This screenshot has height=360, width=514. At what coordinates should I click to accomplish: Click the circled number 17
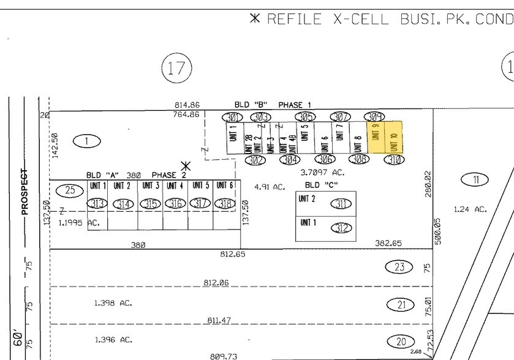(x=176, y=67)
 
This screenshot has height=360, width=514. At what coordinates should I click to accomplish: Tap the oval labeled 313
(x=97, y=203)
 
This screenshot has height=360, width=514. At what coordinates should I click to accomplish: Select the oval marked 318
(x=225, y=203)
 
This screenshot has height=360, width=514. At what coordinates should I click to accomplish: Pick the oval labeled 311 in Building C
(x=342, y=203)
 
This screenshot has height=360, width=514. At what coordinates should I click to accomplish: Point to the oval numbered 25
(x=70, y=190)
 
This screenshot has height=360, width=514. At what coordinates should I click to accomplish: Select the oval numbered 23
(x=400, y=266)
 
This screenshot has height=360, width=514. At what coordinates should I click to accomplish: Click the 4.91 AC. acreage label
(x=270, y=186)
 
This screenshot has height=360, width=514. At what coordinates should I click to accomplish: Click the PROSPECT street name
(x=25, y=192)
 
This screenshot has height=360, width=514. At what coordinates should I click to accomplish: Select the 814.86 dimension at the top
(x=187, y=105)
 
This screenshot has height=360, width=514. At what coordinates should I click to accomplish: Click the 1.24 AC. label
(x=470, y=209)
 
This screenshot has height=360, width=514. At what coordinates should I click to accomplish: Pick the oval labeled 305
(x=305, y=116)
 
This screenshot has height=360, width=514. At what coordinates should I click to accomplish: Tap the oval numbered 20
(x=400, y=342)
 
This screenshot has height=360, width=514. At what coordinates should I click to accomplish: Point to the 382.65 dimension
(x=388, y=243)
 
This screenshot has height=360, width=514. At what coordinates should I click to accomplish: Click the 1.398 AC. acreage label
(x=113, y=303)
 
